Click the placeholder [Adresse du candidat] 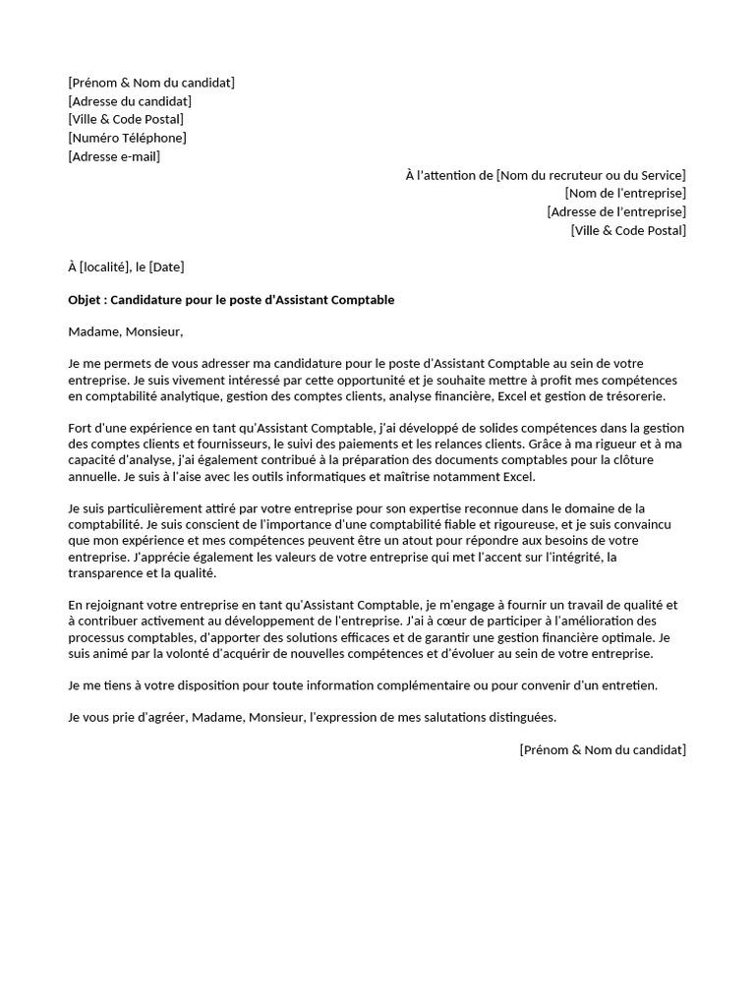(130, 101)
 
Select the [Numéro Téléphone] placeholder (127, 138)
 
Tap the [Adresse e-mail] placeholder (114, 156)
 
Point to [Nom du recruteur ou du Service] (591, 175)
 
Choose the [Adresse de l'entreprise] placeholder (616, 211)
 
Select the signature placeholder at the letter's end (603, 749)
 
